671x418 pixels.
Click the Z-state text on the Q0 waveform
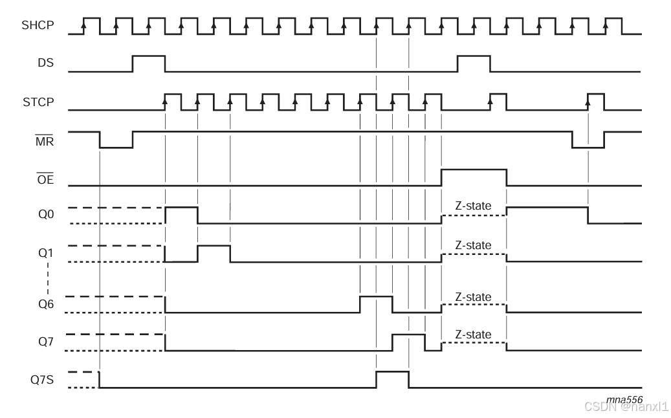coord(473,206)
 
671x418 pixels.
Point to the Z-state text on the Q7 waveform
coord(473,335)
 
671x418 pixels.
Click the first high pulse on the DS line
coord(149,63)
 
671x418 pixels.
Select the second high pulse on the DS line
coord(474,63)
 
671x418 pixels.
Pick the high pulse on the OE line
coord(474,178)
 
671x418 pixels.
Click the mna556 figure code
coord(624,399)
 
